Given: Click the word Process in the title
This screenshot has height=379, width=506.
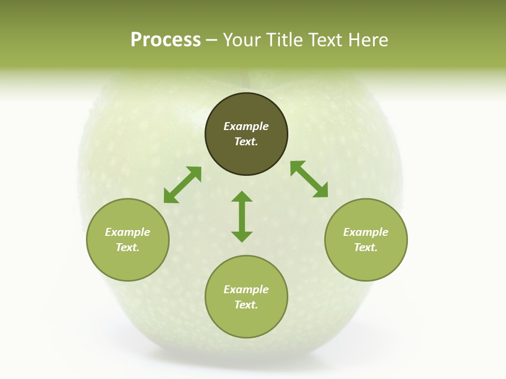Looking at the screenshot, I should click(166, 40).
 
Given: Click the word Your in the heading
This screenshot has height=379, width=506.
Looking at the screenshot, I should click(244, 40).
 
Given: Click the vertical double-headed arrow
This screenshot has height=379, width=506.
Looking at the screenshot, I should click(242, 216).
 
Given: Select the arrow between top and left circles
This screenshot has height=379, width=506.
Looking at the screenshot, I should click(182, 185).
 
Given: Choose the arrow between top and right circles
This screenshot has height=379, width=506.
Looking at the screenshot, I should click(309, 179).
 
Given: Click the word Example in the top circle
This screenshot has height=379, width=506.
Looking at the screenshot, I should click(246, 126).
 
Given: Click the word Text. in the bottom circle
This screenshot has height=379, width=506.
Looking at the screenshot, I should click(246, 305).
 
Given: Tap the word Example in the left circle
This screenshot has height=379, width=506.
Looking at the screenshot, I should click(128, 232).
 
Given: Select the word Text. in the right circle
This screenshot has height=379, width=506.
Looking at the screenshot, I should click(366, 247).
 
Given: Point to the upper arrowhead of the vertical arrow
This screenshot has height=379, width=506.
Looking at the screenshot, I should click(242, 197).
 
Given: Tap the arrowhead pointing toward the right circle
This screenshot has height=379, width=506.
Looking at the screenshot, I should click(321, 191).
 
